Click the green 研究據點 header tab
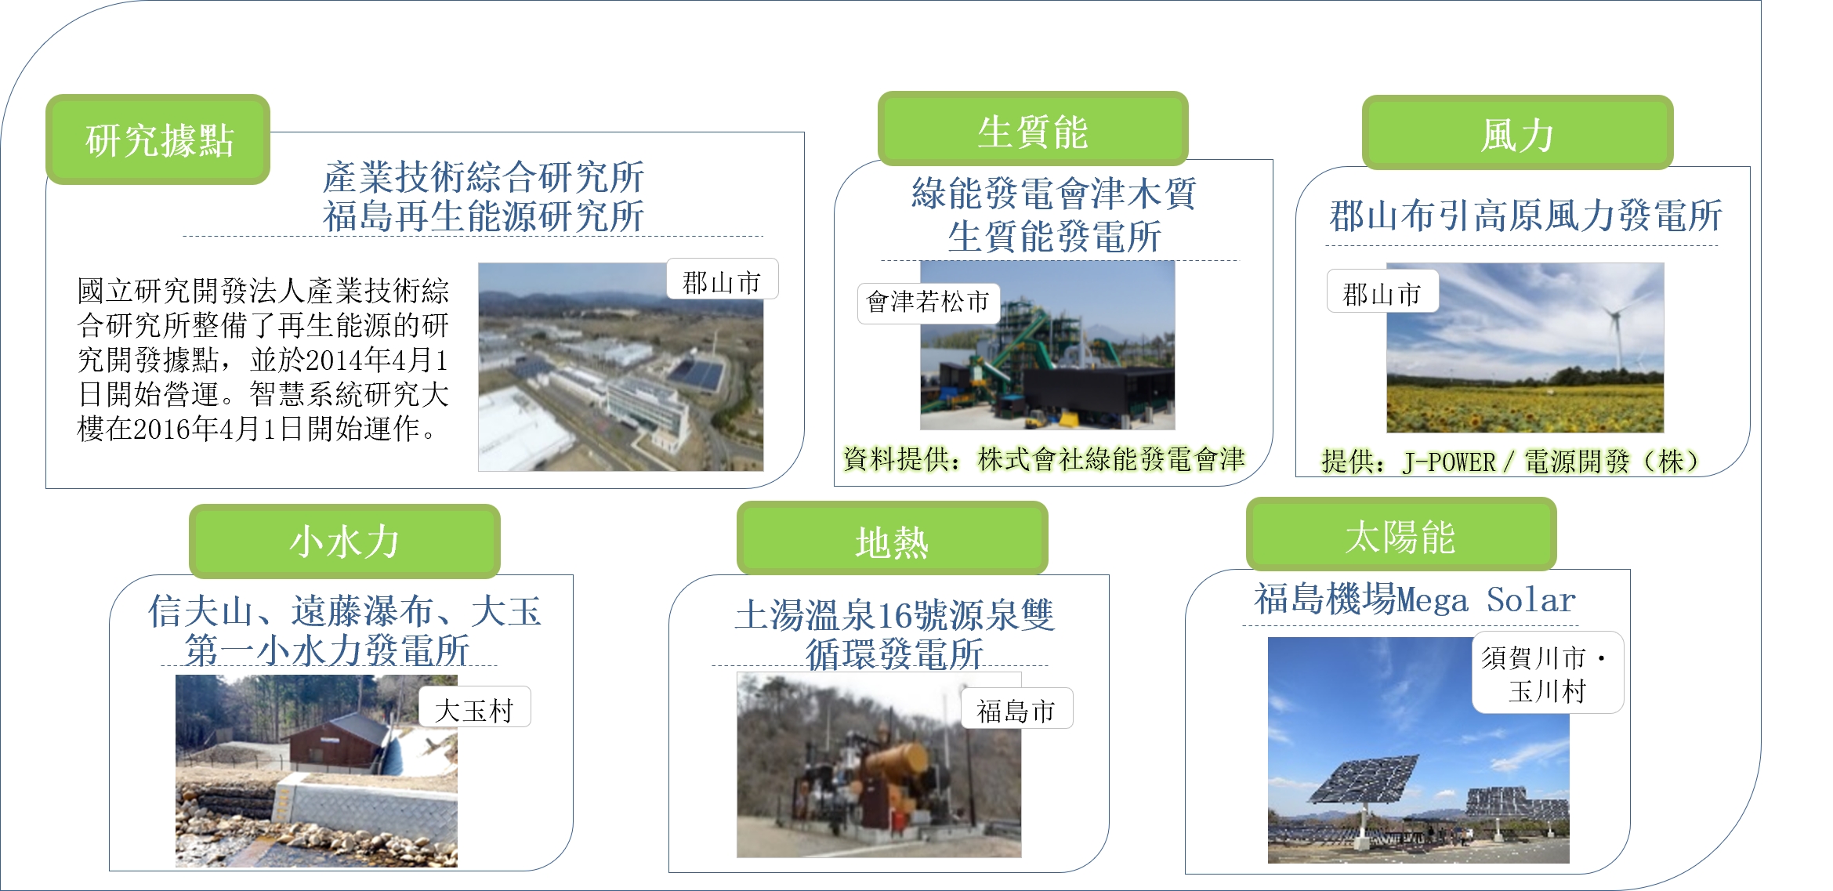(158, 139)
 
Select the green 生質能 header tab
(1032, 130)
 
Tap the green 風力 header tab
(1517, 133)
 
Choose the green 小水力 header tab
(344, 541)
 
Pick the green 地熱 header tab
(892, 541)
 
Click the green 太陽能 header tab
(1400, 536)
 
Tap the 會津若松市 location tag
(928, 302)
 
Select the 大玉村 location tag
(474, 708)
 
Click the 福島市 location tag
(1016, 710)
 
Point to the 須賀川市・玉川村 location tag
(1547, 673)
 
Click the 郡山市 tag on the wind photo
(1382, 292)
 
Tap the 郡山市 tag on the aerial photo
(722, 281)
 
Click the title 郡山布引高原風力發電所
(1525, 216)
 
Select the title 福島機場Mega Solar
(1415, 599)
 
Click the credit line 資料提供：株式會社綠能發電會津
(1044, 459)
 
